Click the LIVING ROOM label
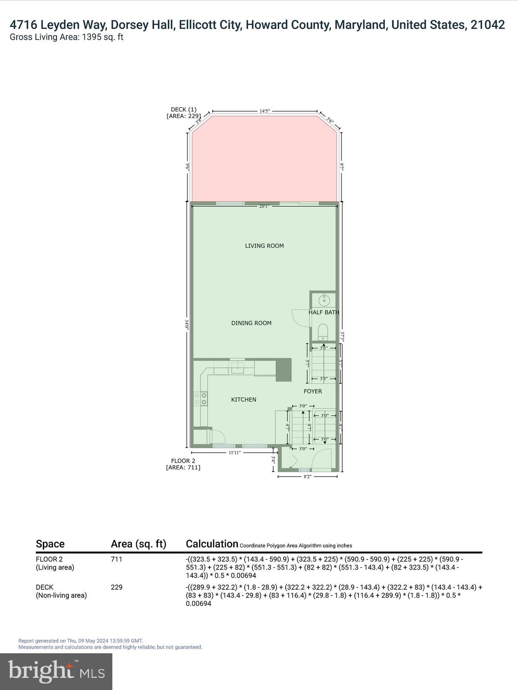click(x=264, y=246)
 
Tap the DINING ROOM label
click(x=251, y=323)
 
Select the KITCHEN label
click(x=243, y=399)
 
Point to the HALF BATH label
click(x=324, y=312)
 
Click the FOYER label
click(x=313, y=391)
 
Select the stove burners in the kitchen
click(x=201, y=398)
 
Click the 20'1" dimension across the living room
click(x=264, y=207)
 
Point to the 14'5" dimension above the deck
click(x=264, y=111)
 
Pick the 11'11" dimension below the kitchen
click(x=235, y=452)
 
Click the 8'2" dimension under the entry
click(x=308, y=476)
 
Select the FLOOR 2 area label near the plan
click(x=183, y=464)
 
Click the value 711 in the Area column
click(x=116, y=559)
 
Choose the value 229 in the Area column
click(x=116, y=587)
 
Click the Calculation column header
click(x=212, y=544)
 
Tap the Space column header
click(x=50, y=544)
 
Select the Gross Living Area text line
click(x=67, y=37)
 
